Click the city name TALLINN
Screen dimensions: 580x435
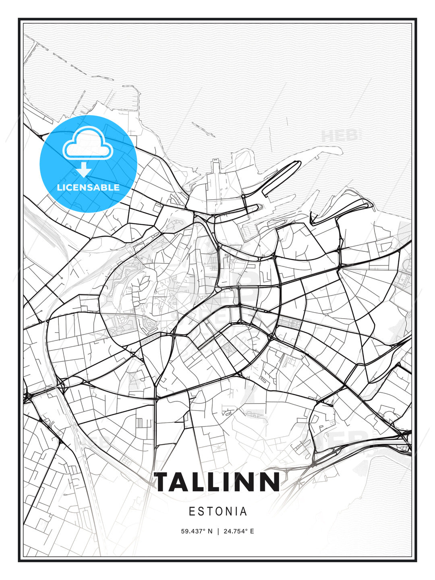coord(217,482)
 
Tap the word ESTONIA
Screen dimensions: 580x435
coord(218,512)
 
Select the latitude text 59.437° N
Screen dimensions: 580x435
coord(197,531)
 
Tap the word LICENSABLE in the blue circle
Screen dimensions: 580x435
coord(88,187)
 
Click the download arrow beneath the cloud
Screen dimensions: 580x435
coord(84,170)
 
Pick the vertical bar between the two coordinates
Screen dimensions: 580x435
coord(218,531)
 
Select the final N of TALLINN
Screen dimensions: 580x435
coord(269,482)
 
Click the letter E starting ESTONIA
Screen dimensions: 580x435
coord(192,512)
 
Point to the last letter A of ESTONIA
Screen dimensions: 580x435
coord(243,512)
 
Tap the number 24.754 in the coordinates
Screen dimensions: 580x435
coord(233,531)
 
